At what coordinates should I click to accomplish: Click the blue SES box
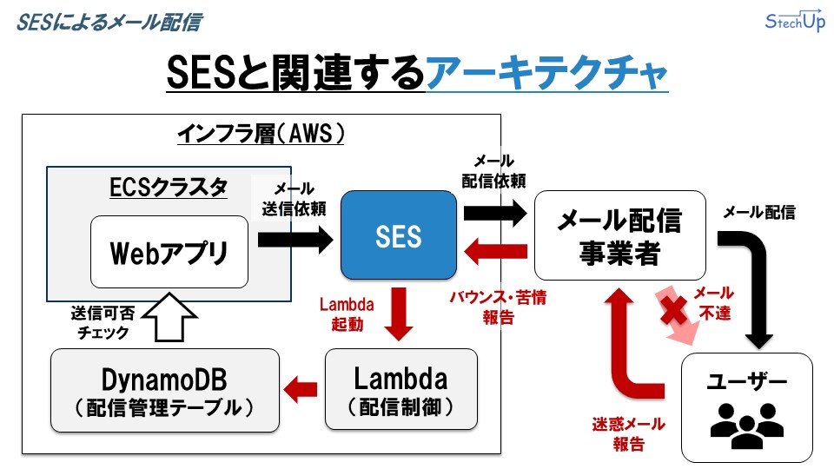click(x=399, y=236)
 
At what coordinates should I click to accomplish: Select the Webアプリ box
click(x=168, y=253)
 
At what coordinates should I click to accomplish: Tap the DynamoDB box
click(x=165, y=390)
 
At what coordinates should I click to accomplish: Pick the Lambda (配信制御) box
click(x=400, y=389)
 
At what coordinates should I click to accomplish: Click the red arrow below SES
click(x=399, y=314)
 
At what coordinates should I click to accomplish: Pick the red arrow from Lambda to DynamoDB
click(x=302, y=389)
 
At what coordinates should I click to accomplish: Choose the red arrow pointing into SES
click(x=495, y=253)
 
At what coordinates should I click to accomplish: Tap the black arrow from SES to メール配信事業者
click(x=495, y=212)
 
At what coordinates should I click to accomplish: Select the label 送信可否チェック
click(x=100, y=321)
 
